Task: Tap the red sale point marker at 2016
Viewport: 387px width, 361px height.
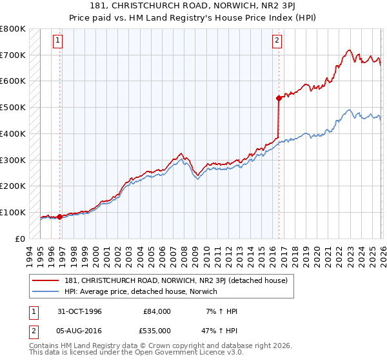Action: tap(279, 99)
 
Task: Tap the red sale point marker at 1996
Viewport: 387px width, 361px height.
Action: tap(60, 217)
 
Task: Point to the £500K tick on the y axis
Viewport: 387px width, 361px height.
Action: tap(13, 108)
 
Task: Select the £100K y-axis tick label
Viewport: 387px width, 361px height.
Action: tap(13, 212)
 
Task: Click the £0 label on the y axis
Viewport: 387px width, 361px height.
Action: tap(21, 239)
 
